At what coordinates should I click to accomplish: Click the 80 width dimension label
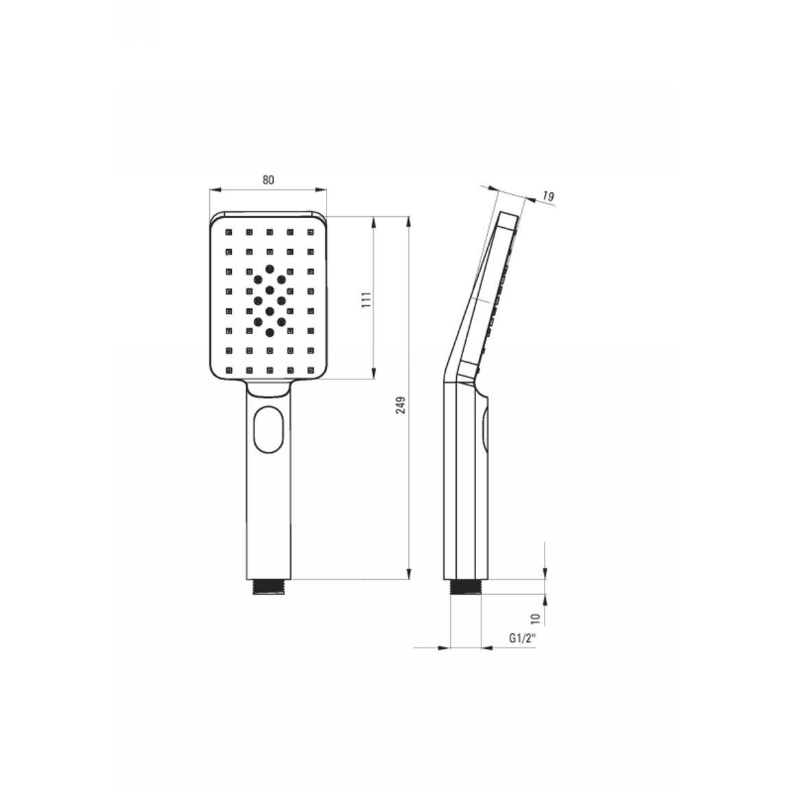pos(268,180)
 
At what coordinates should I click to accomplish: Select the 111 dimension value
pos(367,299)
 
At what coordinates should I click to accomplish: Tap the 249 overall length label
pos(401,405)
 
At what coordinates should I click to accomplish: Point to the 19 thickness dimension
pos(548,196)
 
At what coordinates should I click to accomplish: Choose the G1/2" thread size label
pos(522,638)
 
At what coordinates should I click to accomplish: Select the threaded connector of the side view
pos(465,587)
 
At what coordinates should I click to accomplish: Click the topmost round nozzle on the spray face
pos(270,268)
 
